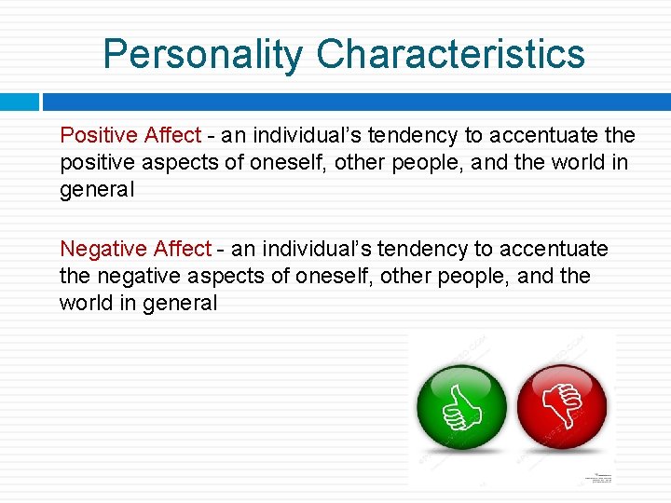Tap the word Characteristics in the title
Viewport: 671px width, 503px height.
tap(450, 54)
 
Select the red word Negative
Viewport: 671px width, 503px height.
tap(103, 249)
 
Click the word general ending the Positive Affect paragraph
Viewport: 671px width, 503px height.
tap(97, 190)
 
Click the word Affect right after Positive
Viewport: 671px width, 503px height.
tap(172, 135)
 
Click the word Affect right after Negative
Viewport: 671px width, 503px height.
tap(183, 249)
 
